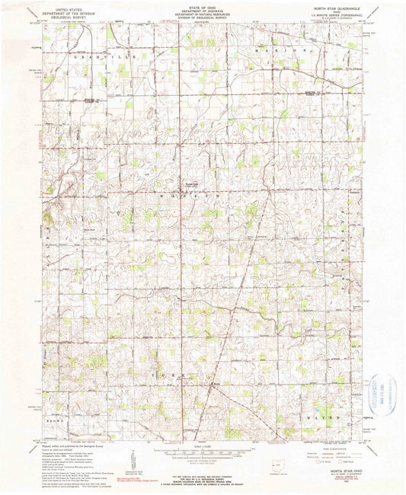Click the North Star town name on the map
pos(215,385)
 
